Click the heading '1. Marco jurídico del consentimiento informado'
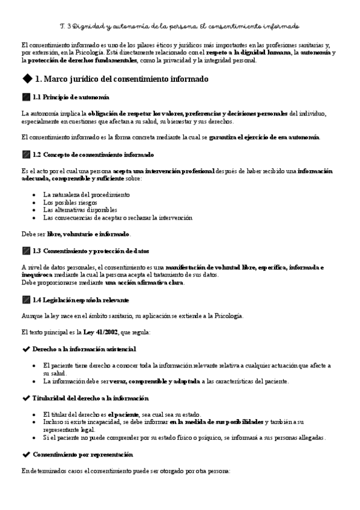pos(122,79)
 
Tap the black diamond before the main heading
pos(26,79)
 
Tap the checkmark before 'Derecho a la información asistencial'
pos(25,349)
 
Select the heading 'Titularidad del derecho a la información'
pos(91,398)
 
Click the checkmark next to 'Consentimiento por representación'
pos(25,455)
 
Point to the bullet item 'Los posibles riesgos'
pos(70,203)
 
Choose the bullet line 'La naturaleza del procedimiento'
pos(87,195)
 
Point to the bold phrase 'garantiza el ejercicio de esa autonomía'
pos(264,137)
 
